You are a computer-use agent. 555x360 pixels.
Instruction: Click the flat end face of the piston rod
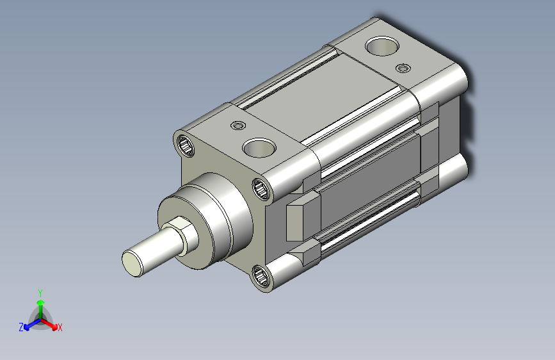tap(131, 263)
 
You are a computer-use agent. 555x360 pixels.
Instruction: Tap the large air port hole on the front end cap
tap(259, 147)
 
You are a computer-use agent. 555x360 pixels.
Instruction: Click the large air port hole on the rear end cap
tap(382, 46)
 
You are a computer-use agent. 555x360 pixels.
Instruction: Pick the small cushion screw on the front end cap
tap(238, 126)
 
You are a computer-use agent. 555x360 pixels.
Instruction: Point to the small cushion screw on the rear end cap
tap(403, 68)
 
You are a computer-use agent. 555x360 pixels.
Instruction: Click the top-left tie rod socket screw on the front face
tap(185, 145)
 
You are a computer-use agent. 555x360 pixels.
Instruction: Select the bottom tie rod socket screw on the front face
tap(262, 276)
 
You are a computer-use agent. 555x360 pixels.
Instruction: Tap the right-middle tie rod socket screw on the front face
tap(262, 189)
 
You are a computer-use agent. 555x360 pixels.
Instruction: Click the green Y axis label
tap(40, 293)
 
